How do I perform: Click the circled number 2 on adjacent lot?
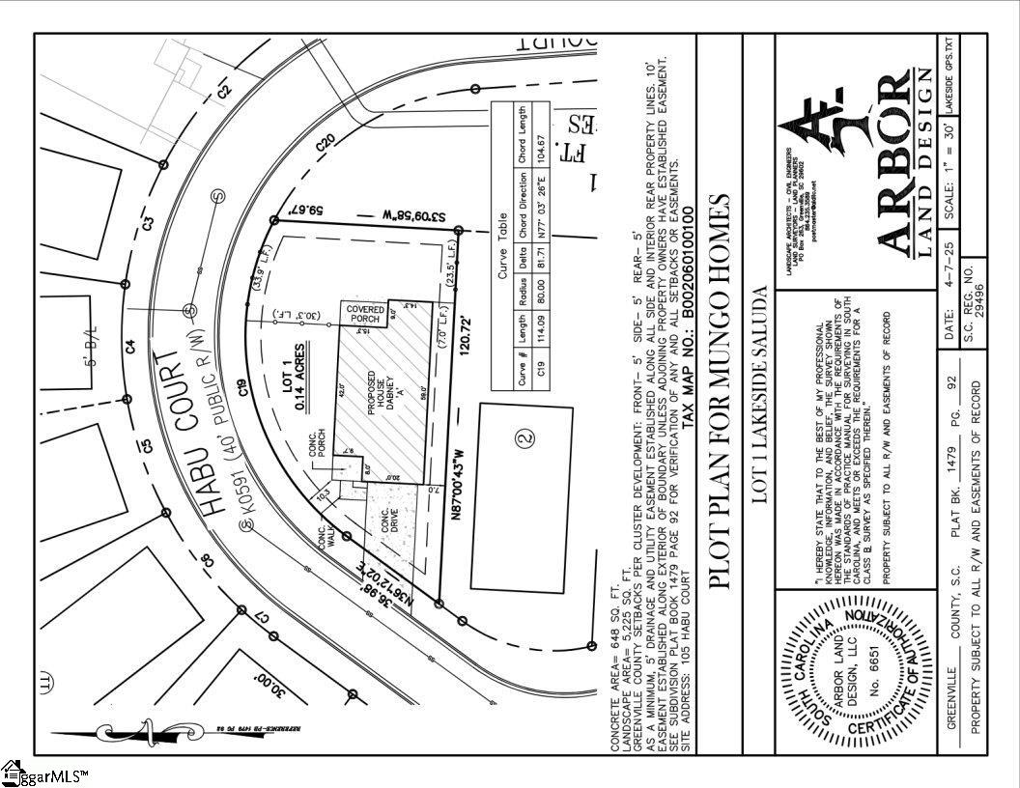click(x=524, y=438)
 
